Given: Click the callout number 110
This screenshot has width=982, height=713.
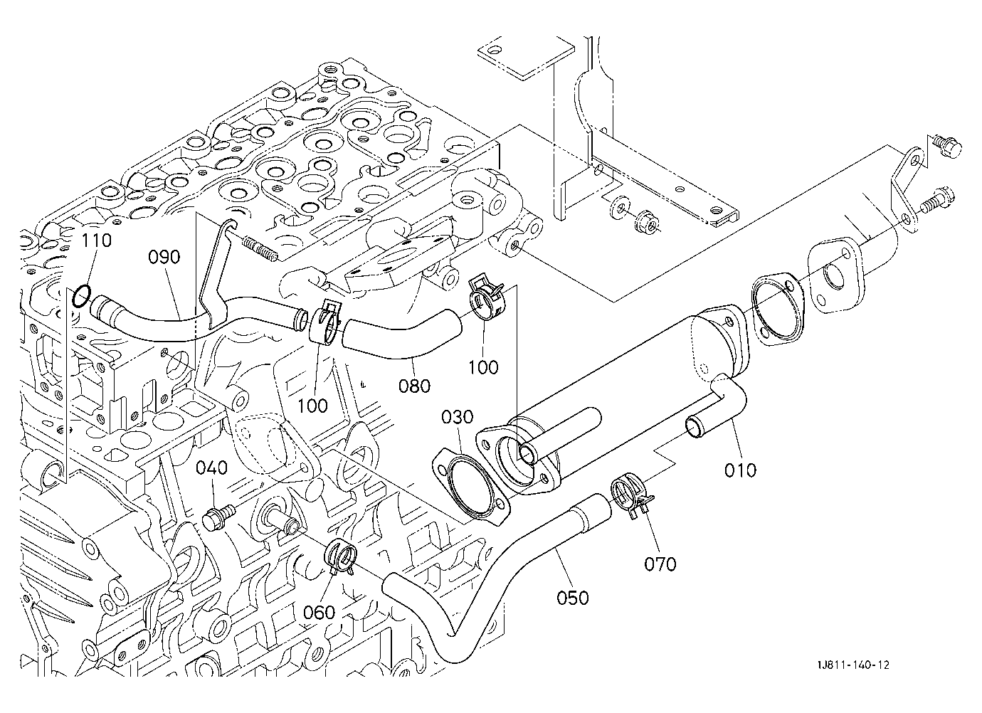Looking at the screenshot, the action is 97,241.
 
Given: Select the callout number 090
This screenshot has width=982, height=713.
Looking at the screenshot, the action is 164,257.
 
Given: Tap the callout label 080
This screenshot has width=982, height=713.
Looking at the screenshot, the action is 414,386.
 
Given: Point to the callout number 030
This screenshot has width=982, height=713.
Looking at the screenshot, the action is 458,416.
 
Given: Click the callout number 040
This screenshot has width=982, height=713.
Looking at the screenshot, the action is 212,468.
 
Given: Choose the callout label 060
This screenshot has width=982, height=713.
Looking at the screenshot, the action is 319,612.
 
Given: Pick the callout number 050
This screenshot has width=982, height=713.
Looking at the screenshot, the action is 573,598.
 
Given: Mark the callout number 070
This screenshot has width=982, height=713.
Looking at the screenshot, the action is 660,564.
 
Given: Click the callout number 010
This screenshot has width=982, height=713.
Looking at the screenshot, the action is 741,470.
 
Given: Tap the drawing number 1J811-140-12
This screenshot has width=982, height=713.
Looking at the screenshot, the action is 853,665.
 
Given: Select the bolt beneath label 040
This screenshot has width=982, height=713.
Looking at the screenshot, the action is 218,517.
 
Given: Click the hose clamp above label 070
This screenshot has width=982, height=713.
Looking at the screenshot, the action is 630,496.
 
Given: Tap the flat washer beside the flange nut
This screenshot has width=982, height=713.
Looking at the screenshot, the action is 618,208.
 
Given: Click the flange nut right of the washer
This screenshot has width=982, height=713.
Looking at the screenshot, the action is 645,222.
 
